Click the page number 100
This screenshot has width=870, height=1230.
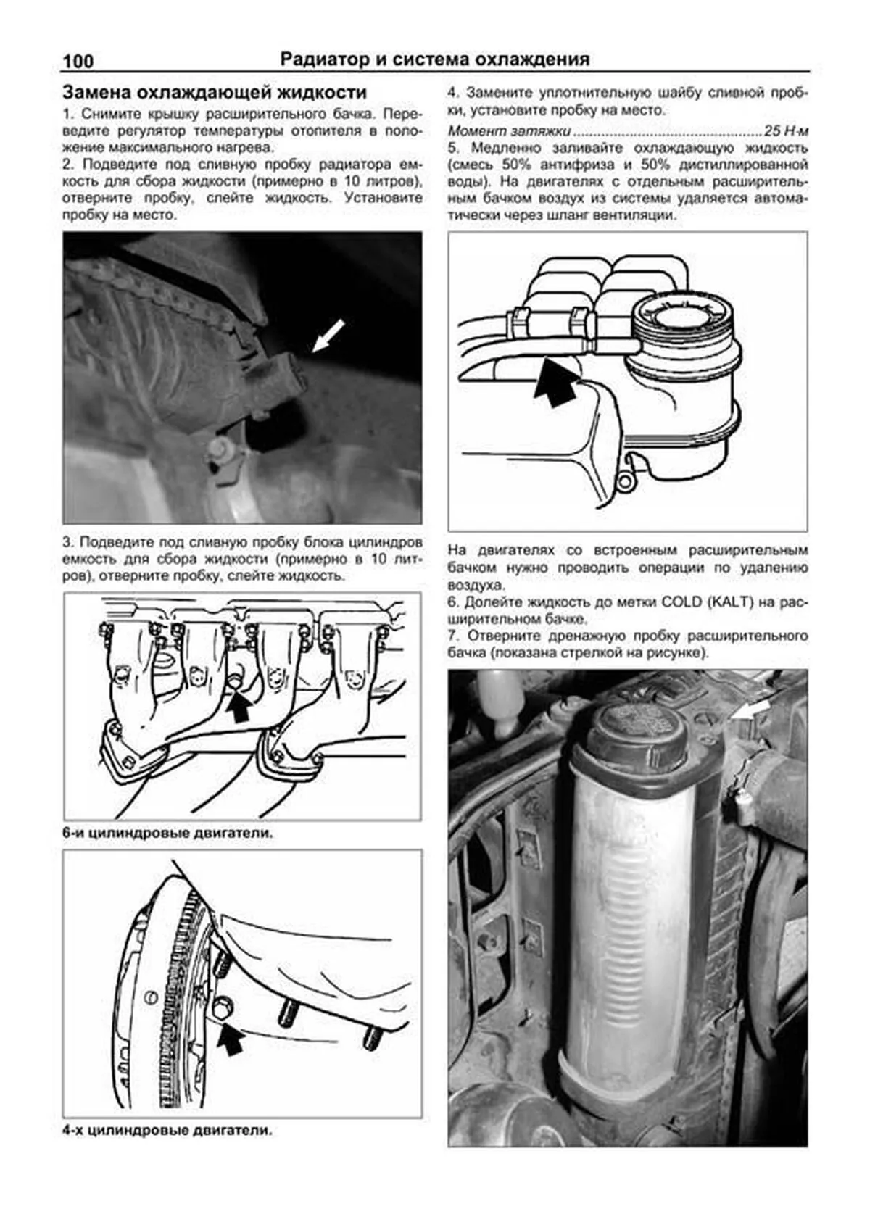coord(78,61)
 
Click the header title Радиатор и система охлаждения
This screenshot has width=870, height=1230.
coord(434,59)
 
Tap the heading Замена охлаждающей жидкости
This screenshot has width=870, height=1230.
coord(215,93)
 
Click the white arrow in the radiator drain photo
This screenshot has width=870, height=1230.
coord(328,335)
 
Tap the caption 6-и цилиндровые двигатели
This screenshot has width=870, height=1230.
coord(167,833)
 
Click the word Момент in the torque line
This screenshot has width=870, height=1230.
coord(471,131)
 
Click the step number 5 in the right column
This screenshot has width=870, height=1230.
coord(452,148)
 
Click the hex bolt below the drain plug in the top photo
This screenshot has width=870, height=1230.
coord(220,451)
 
